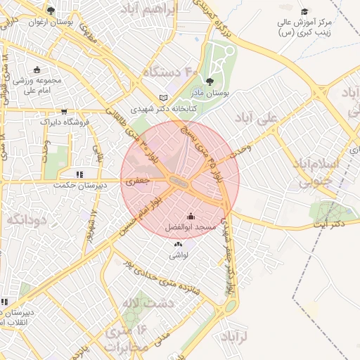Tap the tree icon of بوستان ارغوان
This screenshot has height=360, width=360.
(x=51, y=11)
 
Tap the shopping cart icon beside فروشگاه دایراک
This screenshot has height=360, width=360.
(x=65, y=111)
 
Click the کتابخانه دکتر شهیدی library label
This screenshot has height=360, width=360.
(x=163, y=109)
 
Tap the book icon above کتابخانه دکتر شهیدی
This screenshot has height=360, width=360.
(x=163, y=98)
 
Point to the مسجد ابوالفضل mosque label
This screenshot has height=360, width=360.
(x=190, y=228)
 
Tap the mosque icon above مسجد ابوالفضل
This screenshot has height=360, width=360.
(x=190, y=217)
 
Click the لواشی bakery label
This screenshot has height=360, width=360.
(x=177, y=256)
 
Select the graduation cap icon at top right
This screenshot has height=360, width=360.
(x=304, y=11)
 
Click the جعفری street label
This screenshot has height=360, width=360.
(x=139, y=181)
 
